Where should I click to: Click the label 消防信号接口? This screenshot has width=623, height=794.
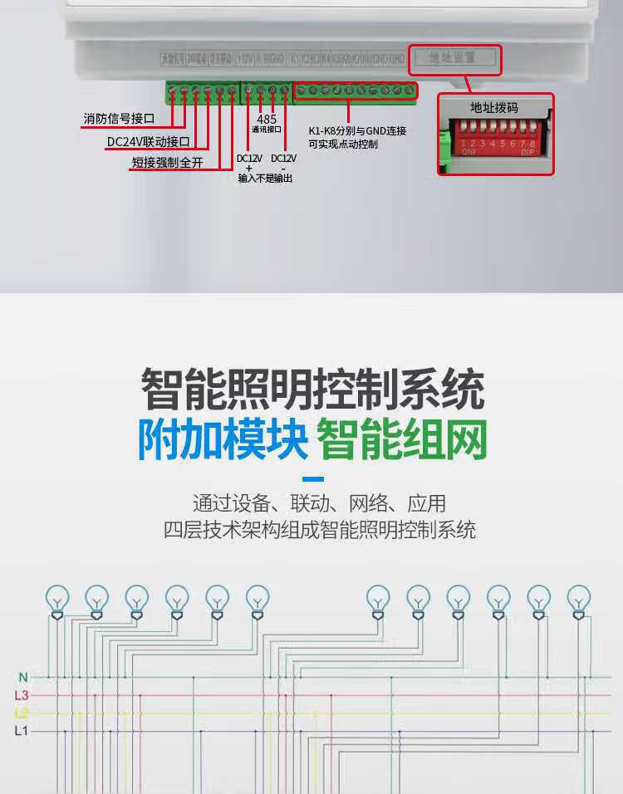(120, 120)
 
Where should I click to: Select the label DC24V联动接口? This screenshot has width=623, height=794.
(149, 142)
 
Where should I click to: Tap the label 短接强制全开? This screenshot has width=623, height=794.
(167, 163)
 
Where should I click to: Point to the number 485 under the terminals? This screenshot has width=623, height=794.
(267, 120)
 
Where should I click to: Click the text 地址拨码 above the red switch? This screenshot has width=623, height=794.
(494, 108)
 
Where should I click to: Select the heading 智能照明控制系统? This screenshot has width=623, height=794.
(311, 389)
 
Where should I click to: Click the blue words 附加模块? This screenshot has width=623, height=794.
(223, 440)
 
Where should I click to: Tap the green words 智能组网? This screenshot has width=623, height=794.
(402, 440)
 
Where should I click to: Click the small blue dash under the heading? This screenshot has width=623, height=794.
(312, 479)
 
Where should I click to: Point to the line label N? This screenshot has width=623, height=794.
(22, 678)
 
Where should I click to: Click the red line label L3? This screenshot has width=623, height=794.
(22, 695)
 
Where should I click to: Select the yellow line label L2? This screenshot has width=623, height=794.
(22, 713)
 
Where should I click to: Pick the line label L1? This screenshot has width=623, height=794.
(22, 731)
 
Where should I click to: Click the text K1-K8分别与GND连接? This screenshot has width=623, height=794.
(357, 131)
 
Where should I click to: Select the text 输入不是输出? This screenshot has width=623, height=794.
(265, 179)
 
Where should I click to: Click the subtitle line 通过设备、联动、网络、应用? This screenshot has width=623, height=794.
(319, 503)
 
